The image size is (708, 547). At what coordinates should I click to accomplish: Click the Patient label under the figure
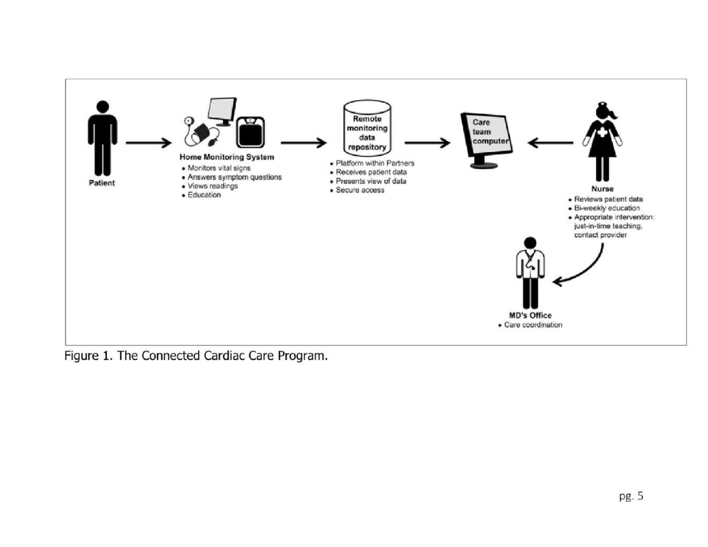[x=102, y=183]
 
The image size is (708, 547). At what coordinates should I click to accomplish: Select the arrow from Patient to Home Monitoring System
[x=149, y=143]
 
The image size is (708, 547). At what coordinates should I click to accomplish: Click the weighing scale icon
[x=250, y=132]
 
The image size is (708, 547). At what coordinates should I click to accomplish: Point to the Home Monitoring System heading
[x=227, y=157]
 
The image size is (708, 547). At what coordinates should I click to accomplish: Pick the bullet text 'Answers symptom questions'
[x=234, y=177]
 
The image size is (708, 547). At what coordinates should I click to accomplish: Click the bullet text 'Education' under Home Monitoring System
[x=204, y=195]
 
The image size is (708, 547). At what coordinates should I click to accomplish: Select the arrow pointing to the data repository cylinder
[x=304, y=143]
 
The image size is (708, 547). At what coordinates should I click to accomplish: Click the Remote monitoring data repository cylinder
[x=367, y=128]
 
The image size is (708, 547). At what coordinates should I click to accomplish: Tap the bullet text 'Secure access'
[x=360, y=190]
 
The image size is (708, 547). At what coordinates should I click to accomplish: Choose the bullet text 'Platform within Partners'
[x=375, y=163]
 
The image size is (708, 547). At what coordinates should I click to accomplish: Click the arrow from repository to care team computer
[x=427, y=143]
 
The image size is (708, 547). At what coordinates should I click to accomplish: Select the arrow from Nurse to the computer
[x=550, y=143]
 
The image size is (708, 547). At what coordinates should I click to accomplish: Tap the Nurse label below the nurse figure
[x=602, y=189]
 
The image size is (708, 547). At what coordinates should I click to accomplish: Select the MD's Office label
[x=530, y=315]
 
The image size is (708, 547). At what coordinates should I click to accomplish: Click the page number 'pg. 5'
[x=631, y=496]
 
